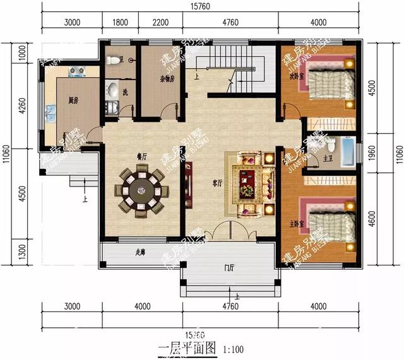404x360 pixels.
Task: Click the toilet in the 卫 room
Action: tap(114, 61)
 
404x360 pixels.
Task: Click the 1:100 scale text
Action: tap(234, 348)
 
